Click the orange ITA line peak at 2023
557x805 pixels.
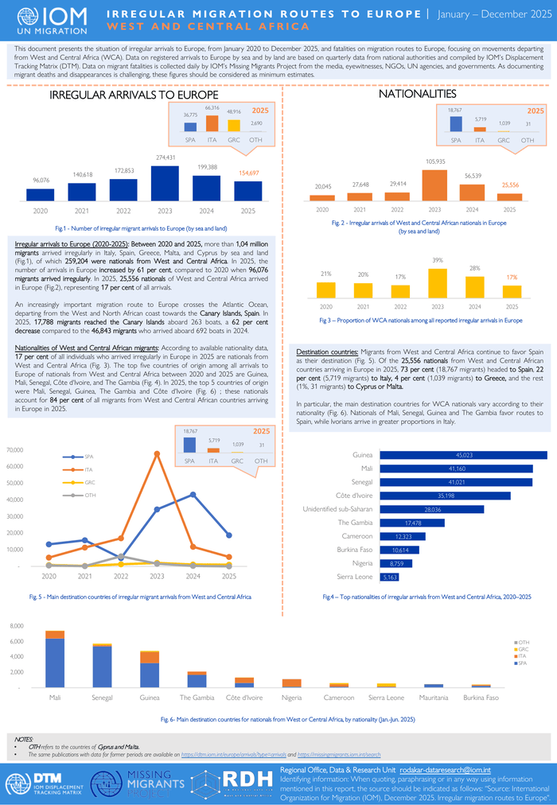click(x=157, y=453)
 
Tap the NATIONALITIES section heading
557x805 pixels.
click(x=418, y=94)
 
